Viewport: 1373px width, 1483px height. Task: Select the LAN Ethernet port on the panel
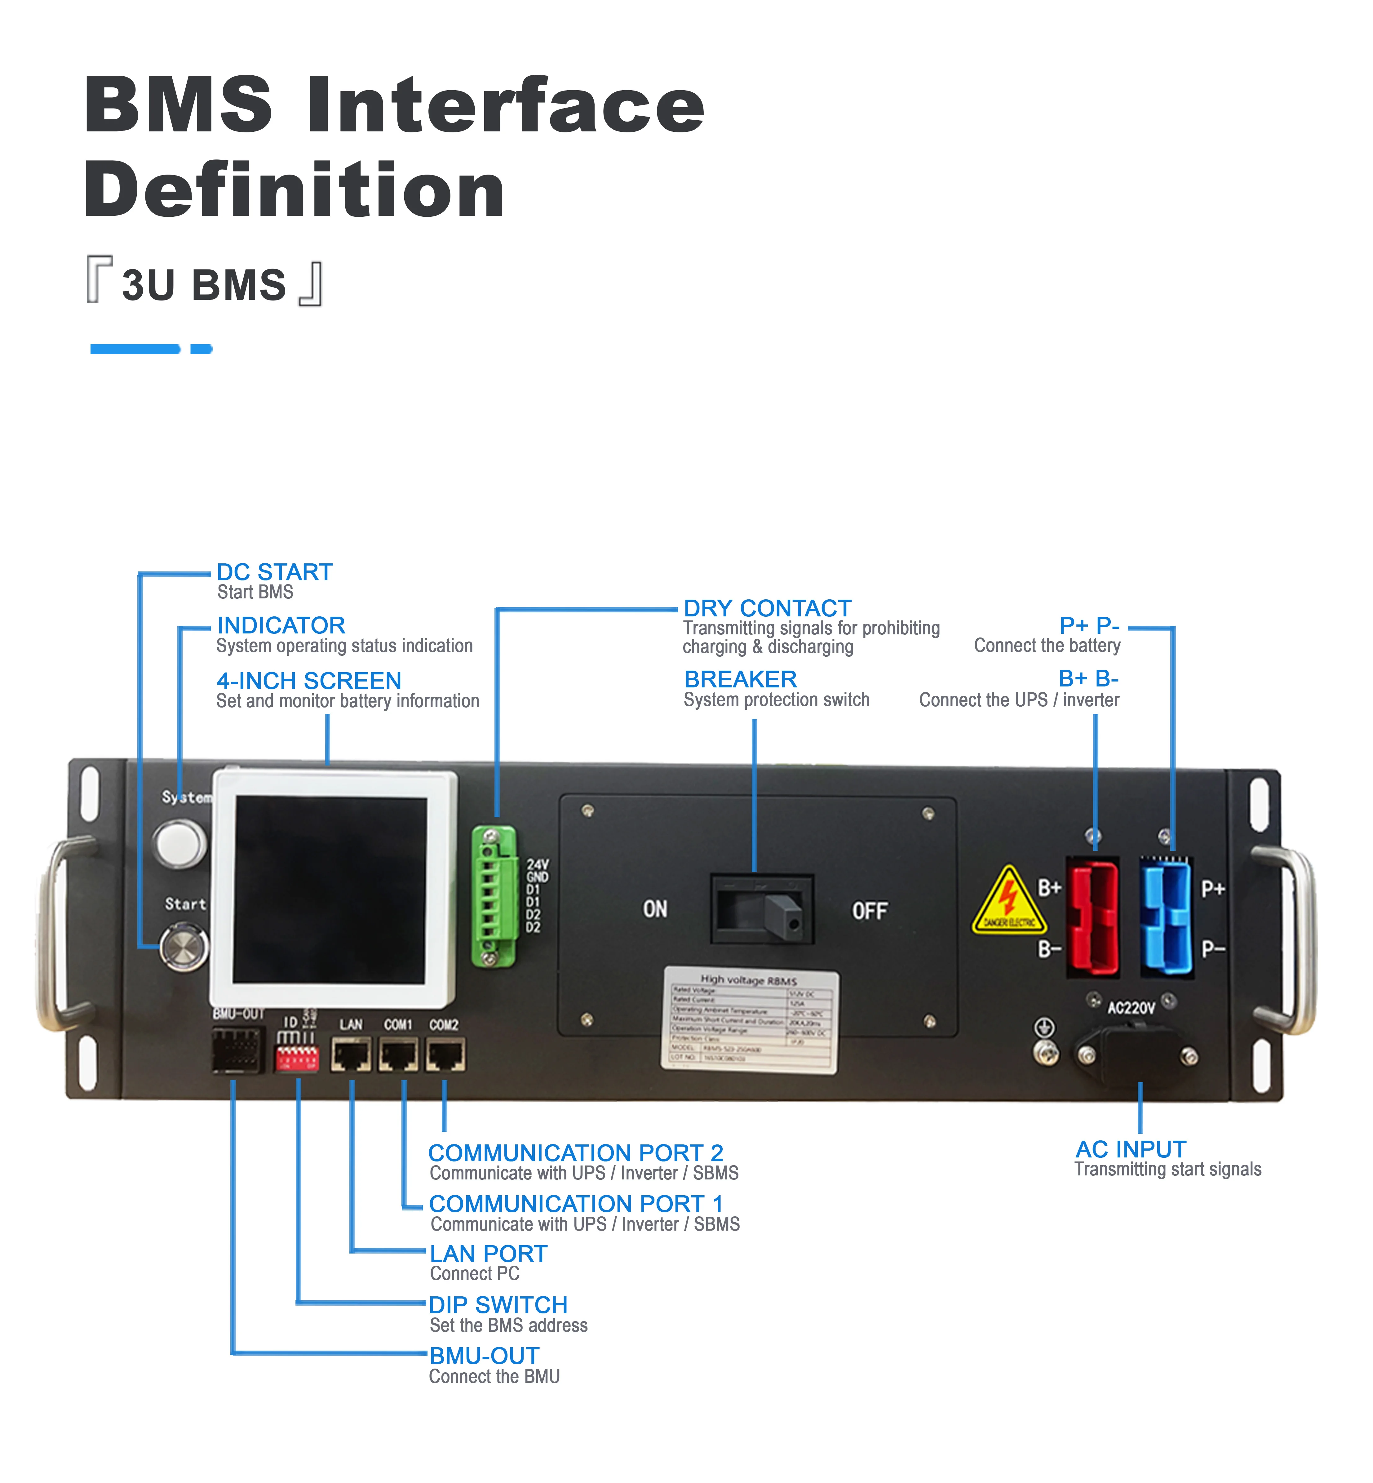(x=351, y=1055)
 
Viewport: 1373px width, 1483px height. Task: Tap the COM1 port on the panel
(x=398, y=1055)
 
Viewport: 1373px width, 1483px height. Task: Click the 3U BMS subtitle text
(x=204, y=285)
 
